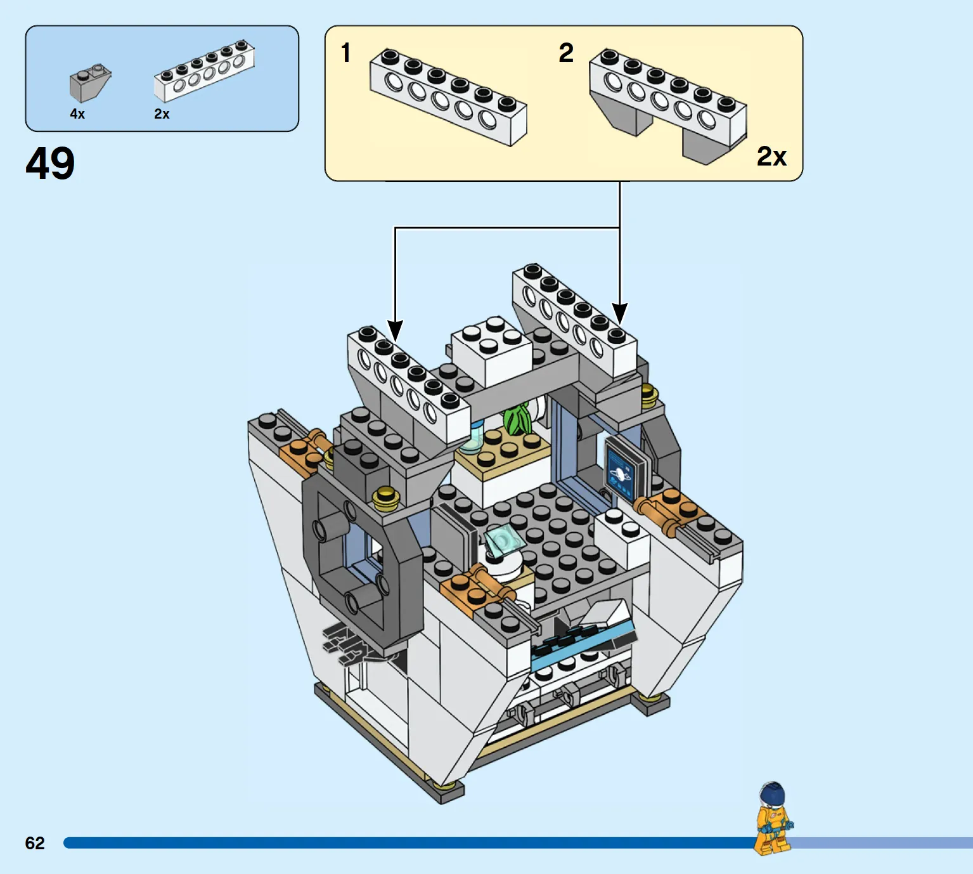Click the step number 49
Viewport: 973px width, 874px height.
click(x=50, y=164)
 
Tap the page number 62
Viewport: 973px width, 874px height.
click(x=35, y=843)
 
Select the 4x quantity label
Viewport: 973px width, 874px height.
click(x=77, y=114)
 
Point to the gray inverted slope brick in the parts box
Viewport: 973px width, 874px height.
click(x=90, y=82)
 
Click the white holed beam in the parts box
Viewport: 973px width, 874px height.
click(x=204, y=71)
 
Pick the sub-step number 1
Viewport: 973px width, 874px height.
click(x=345, y=53)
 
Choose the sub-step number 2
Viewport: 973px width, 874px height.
click(x=566, y=53)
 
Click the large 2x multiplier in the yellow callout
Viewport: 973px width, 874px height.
click(x=772, y=156)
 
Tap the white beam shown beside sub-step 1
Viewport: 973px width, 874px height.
click(x=448, y=97)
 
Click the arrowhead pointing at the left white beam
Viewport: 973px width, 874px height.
click(x=395, y=331)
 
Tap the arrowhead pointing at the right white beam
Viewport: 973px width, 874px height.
click(x=619, y=313)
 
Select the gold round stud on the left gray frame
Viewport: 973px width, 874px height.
click(x=385, y=495)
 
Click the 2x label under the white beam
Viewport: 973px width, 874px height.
click(x=162, y=114)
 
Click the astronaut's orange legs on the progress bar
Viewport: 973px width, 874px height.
click(x=771, y=841)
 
